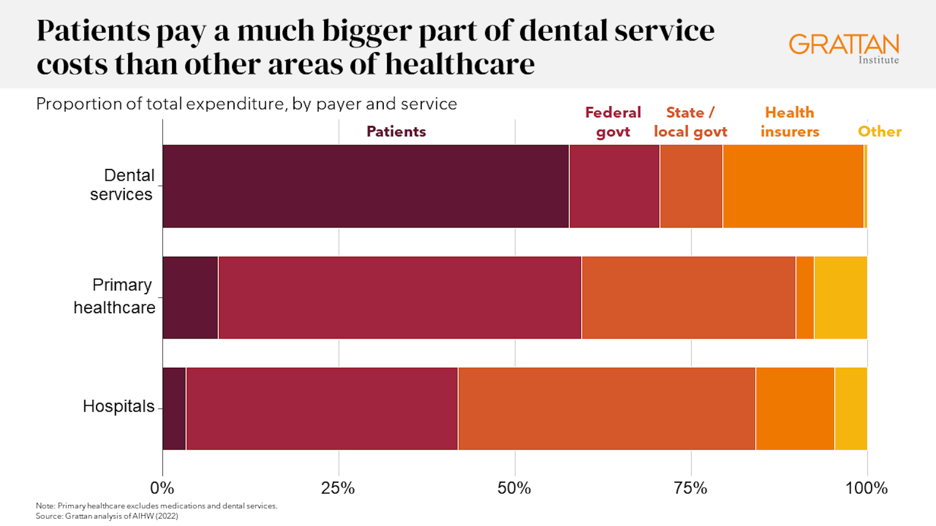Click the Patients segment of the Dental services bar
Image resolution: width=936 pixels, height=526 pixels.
tap(366, 186)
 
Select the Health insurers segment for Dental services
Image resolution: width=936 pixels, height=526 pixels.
tap(793, 186)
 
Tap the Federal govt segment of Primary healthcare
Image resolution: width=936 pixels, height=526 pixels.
tap(400, 298)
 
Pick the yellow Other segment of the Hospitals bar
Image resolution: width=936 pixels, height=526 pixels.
tap(851, 409)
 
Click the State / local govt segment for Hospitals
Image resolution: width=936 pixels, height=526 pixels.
tap(606, 409)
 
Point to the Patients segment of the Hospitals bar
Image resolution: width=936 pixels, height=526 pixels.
tap(174, 409)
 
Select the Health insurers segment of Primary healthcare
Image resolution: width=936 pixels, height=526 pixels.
tap(805, 298)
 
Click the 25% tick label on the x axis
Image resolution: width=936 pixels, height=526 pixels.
tap(338, 488)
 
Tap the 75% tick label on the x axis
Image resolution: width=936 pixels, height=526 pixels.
tap(690, 488)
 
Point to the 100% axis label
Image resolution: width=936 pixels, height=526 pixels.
tap(866, 488)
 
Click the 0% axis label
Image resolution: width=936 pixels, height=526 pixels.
tap(162, 488)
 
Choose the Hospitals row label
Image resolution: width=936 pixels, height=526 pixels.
tap(118, 406)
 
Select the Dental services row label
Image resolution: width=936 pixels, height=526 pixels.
tap(122, 185)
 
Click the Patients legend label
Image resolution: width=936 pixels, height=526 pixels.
tap(396, 131)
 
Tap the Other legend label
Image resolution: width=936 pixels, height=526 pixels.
tap(879, 131)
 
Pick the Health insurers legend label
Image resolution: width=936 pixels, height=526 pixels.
tap(790, 122)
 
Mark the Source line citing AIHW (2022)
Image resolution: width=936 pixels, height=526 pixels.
tap(107, 516)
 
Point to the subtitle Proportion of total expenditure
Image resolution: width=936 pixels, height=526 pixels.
tap(246, 104)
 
